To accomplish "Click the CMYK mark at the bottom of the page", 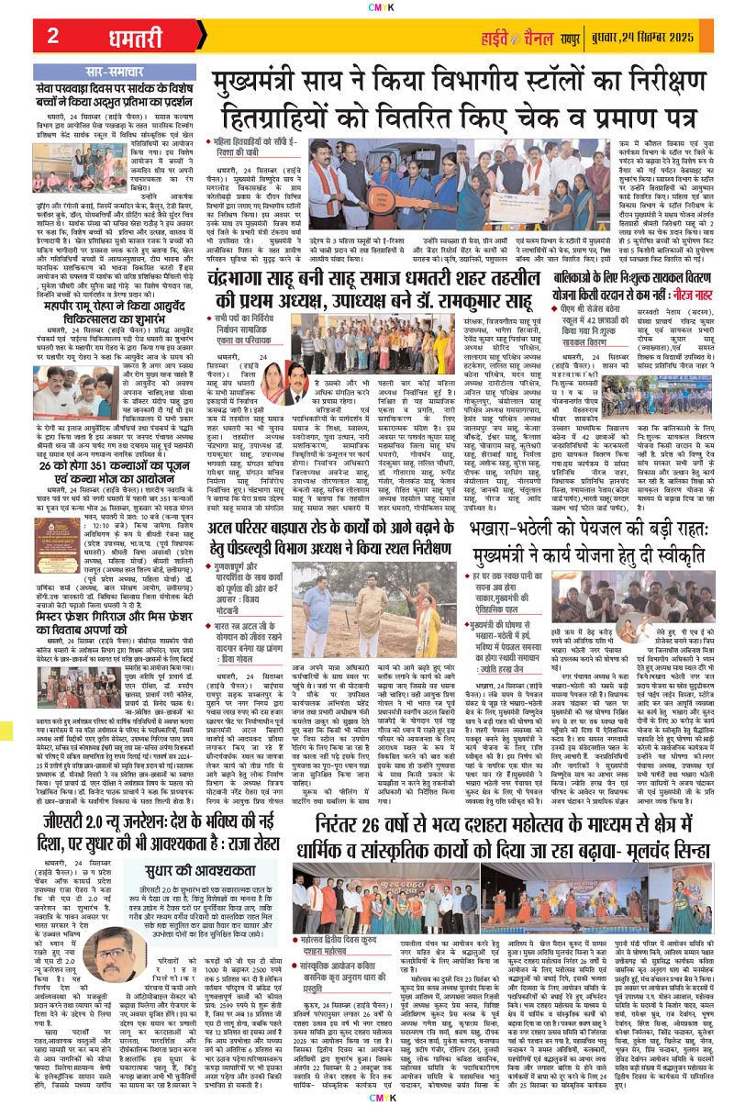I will coord(367,1100).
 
